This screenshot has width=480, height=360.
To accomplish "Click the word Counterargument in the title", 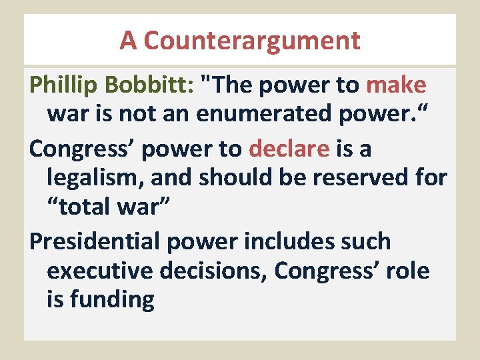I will [x=251, y=41].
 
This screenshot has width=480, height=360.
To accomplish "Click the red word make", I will [x=396, y=85].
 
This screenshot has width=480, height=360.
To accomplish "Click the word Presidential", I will [x=95, y=241].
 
